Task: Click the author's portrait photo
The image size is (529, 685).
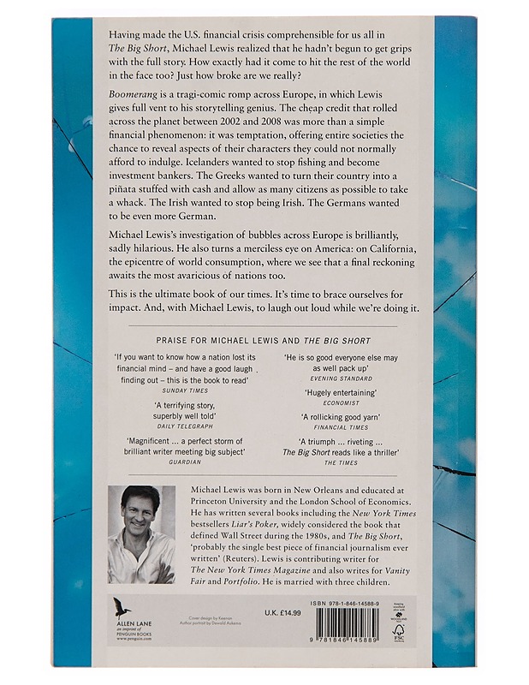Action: click(141, 534)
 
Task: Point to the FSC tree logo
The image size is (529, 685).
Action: click(398, 631)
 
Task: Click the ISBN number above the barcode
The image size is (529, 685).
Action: click(347, 604)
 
